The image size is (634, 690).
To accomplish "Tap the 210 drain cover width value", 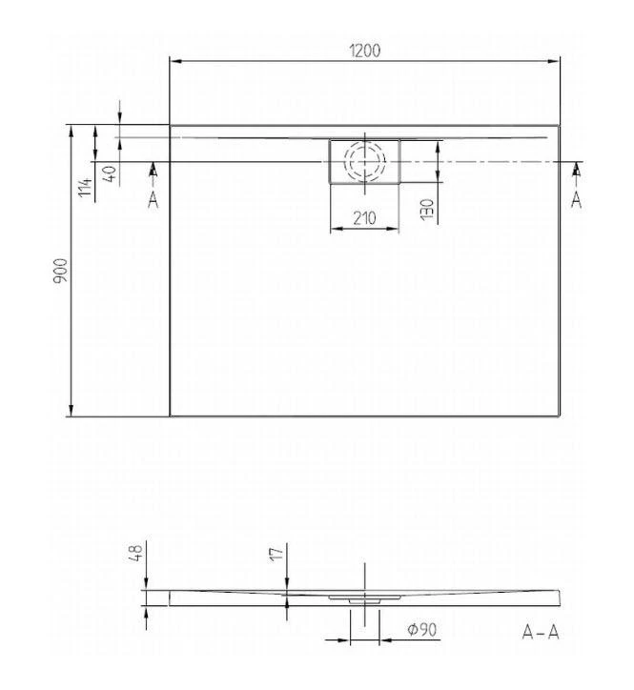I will [x=364, y=218].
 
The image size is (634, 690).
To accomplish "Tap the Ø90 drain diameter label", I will [x=421, y=631].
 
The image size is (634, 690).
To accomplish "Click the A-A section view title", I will [x=541, y=633].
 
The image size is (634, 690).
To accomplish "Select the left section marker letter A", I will [x=153, y=198].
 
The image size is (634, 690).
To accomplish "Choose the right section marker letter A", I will [x=576, y=198].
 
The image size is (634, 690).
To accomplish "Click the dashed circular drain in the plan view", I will [x=365, y=161].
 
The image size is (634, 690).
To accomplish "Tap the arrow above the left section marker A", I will [x=153, y=170].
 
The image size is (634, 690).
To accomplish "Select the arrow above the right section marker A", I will [x=576, y=170].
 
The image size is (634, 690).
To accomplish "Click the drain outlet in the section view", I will [x=364, y=601].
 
